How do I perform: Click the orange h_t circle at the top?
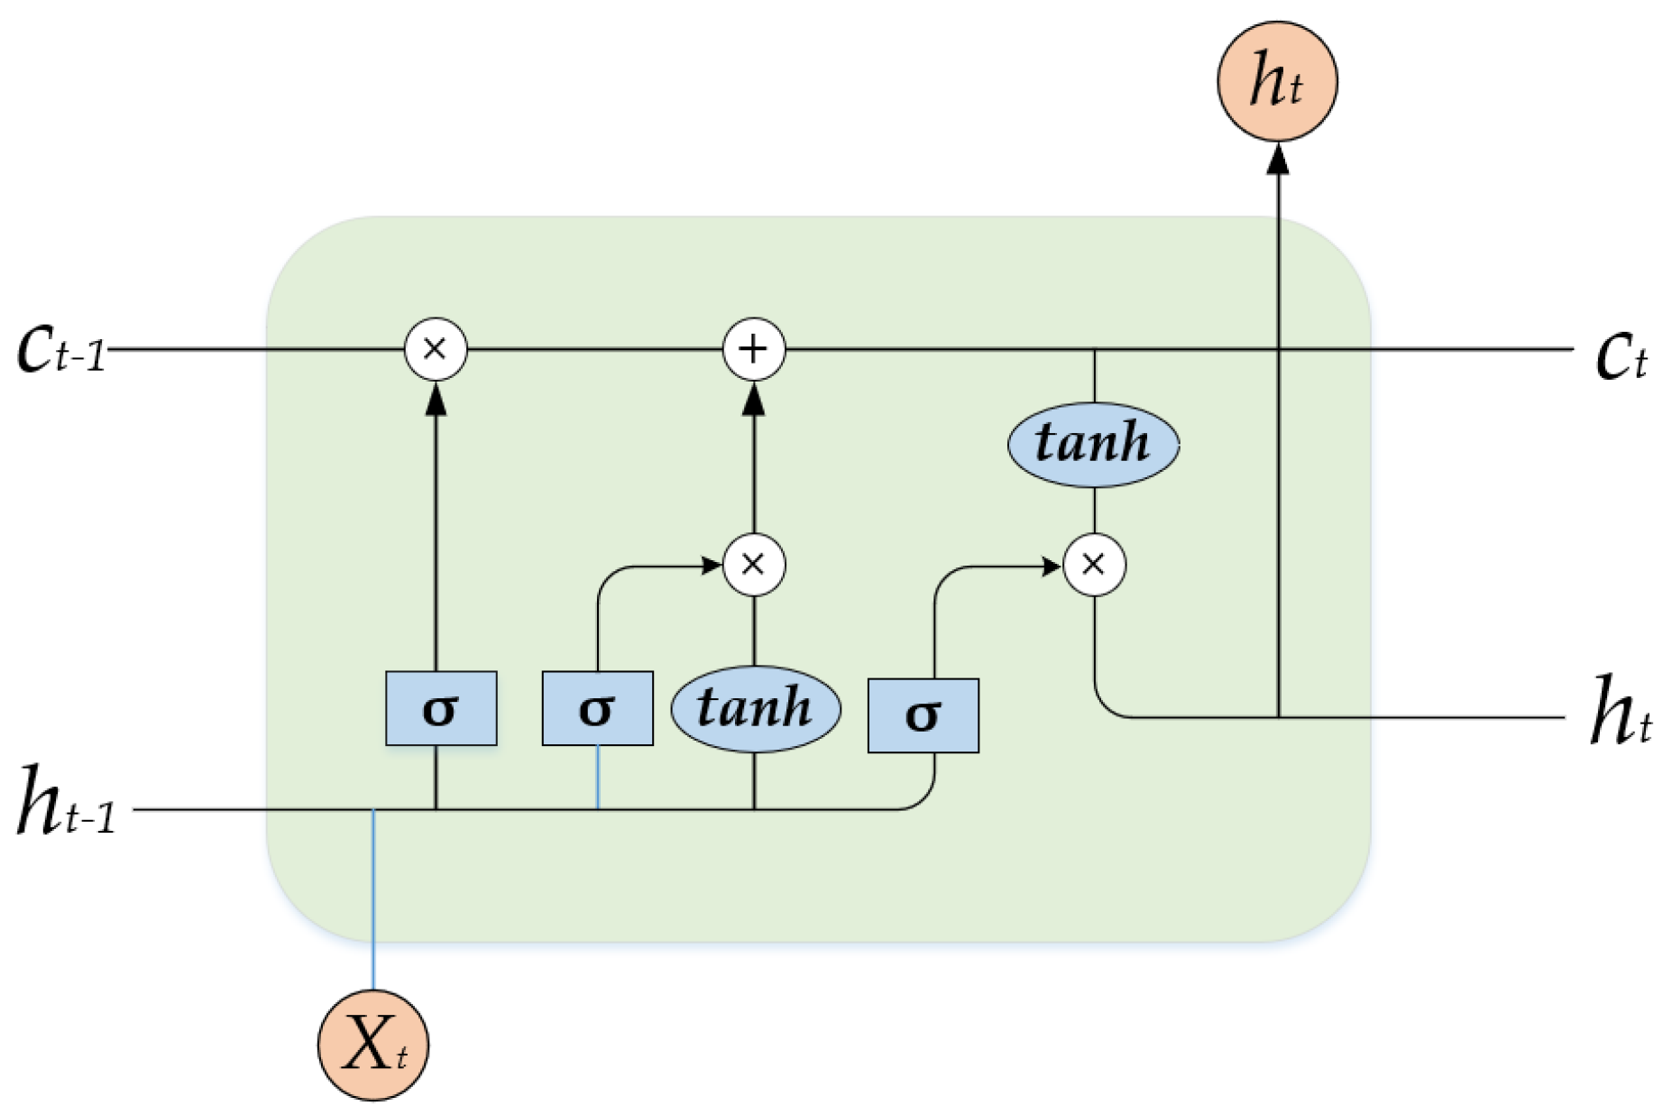1277,81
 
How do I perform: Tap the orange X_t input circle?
373,1045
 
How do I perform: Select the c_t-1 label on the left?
61,351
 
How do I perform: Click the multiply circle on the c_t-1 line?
436,349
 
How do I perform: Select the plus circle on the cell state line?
754,349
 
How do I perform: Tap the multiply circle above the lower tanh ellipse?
754,566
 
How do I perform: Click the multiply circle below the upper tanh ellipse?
1094,566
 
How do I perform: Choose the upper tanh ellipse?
1093,444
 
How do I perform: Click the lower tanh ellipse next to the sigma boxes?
756,708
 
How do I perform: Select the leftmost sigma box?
441,708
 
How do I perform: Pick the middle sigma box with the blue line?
597,708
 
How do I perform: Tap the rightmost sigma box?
923,715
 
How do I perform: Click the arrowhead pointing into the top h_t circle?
1277,159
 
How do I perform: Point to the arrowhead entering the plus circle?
754,399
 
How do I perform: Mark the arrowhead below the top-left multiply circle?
436,399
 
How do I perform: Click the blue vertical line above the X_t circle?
373,902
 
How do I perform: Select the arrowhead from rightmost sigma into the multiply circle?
1051,567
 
